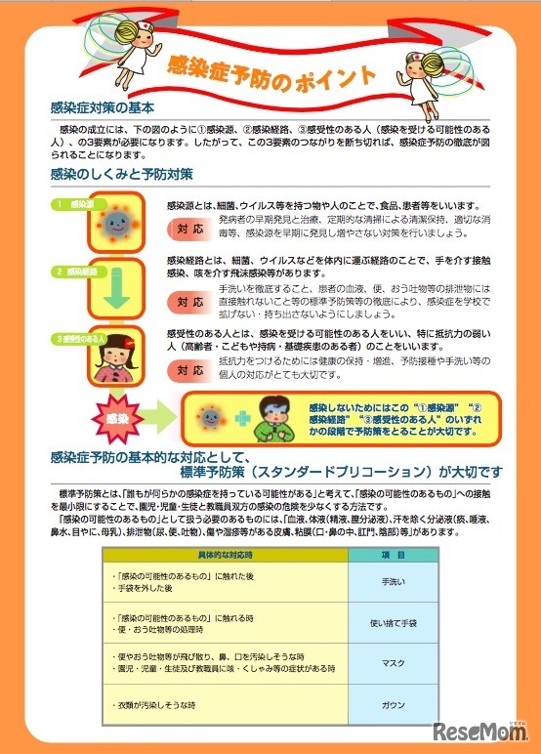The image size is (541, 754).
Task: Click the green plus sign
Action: (242, 416)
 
